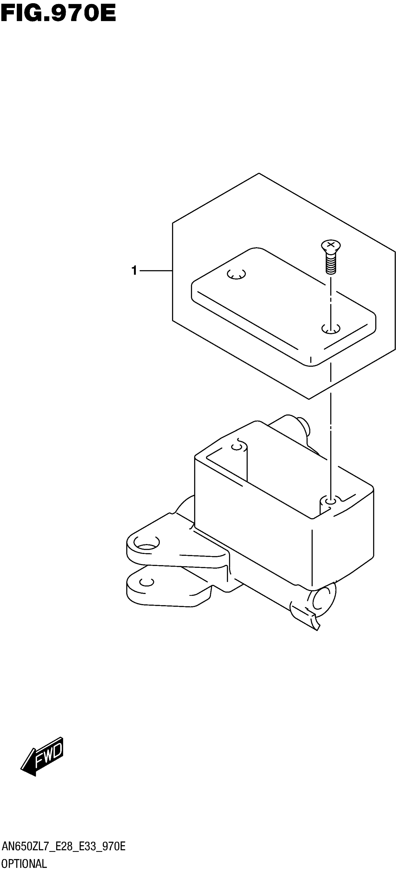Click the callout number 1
tap(134, 271)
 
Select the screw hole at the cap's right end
tap(331, 328)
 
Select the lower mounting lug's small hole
tap(147, 582)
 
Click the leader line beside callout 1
tap(156, 271)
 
